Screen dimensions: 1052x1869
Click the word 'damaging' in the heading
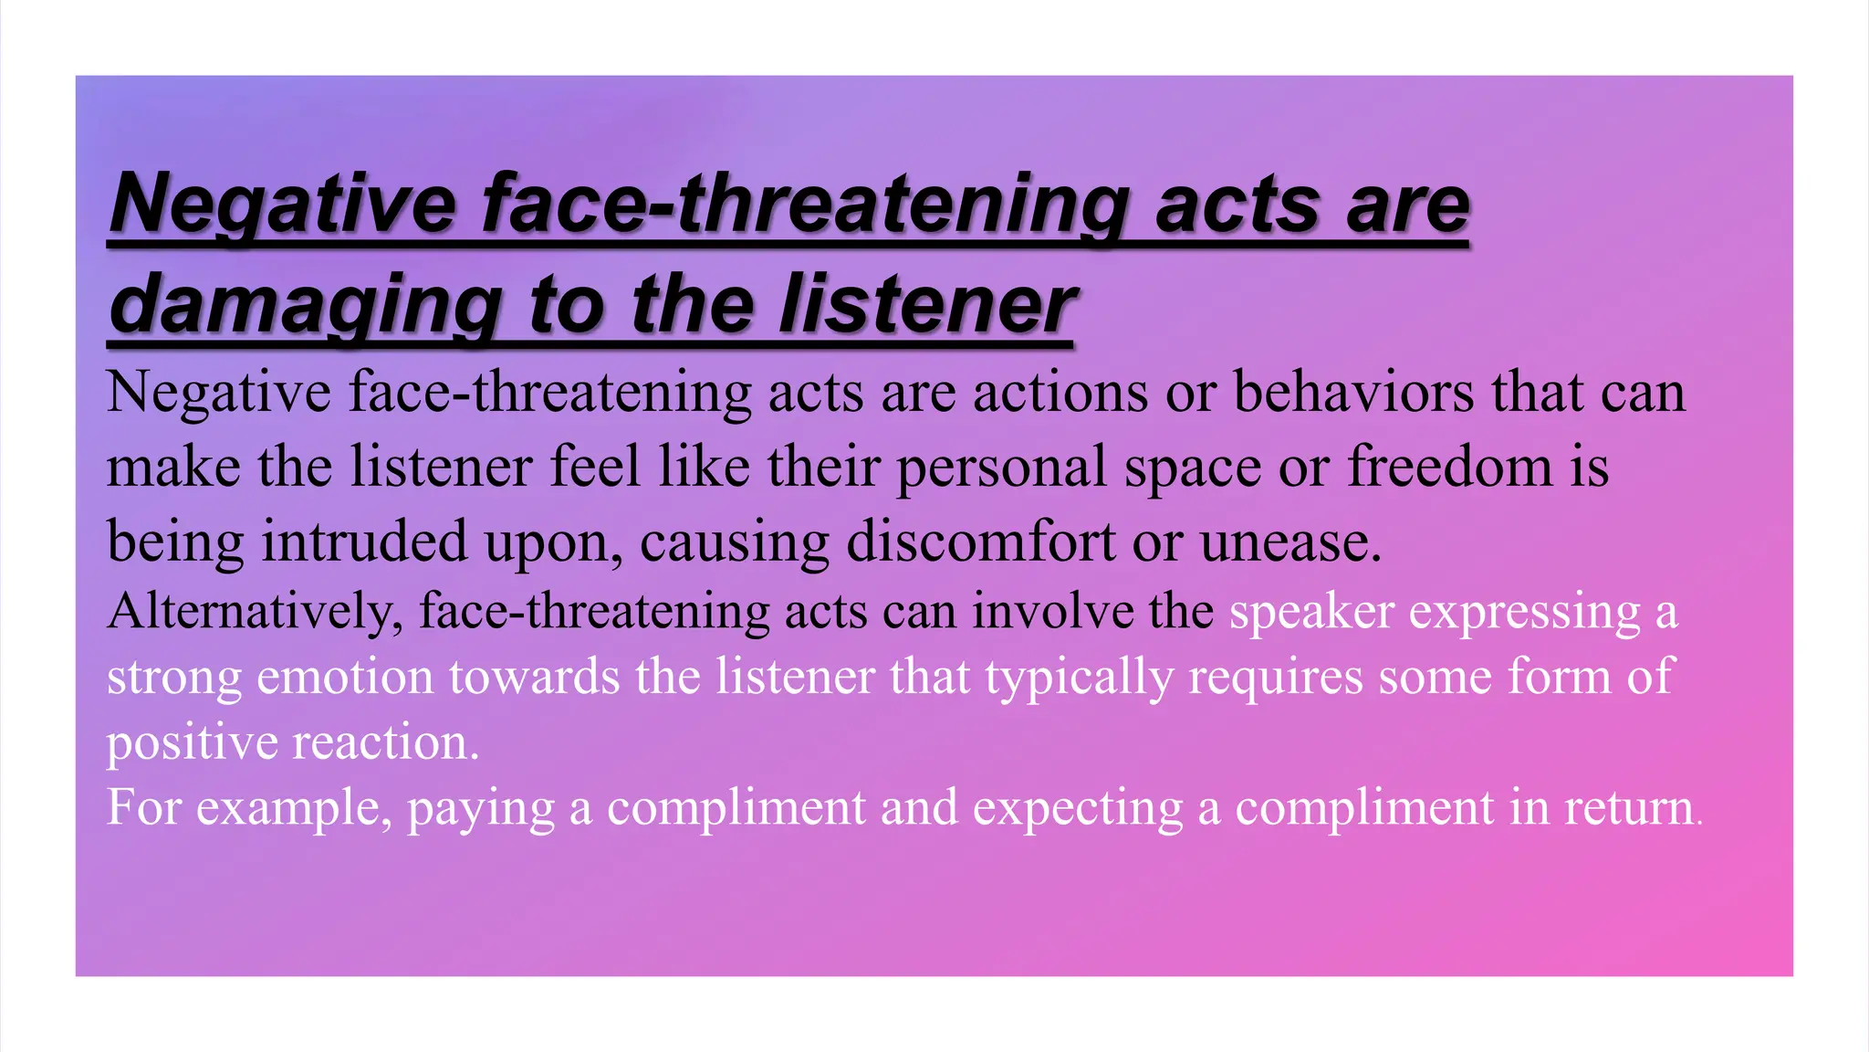click(x=305, y=306)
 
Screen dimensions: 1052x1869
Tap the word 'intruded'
click(x=364, y=541)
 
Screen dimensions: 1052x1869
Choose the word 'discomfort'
click(x=981, y=541)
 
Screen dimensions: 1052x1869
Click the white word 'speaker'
click(x=1311, y=611)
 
